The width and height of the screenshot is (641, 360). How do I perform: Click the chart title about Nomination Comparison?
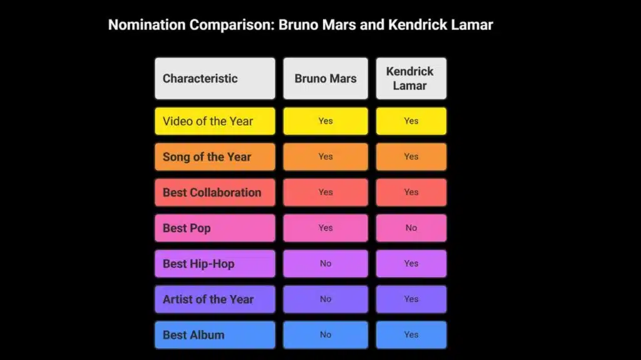pos(300,25)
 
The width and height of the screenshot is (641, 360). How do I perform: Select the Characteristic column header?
pos(215,78)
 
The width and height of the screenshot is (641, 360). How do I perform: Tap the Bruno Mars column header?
pos(326,78)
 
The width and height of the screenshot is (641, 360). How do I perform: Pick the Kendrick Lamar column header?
pos(411,78)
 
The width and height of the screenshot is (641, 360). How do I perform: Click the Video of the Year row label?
pos(215,121)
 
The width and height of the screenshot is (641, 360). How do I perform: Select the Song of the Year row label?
pos(215,157)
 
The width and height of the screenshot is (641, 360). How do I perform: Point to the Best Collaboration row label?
pos(215,192)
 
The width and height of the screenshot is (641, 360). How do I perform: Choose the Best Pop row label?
pos(215,228)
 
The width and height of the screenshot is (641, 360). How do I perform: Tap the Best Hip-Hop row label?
pos(215,264)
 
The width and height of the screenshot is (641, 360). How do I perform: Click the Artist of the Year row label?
pos(215,299)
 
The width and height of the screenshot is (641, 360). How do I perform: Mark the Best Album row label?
pos(215,335)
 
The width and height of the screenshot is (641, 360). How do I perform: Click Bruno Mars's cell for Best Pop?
pos(326,228)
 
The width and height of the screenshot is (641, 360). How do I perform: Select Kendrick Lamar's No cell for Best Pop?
pos(411,228)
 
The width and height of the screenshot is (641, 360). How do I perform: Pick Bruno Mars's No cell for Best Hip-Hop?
pos(326,264)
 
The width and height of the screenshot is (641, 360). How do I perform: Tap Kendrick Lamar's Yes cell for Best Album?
pos(411,335)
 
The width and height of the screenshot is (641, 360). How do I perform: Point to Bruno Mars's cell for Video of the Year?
pos(326,121)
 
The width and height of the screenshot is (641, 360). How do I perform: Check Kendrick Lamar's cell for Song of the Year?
pos(411,157)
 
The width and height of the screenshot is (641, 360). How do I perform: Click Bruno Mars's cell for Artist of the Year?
pos(326,299)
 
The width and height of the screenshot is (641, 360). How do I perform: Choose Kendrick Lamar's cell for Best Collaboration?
pos(411,192)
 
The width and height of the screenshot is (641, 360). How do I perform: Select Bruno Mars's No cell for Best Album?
pos(326,335)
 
